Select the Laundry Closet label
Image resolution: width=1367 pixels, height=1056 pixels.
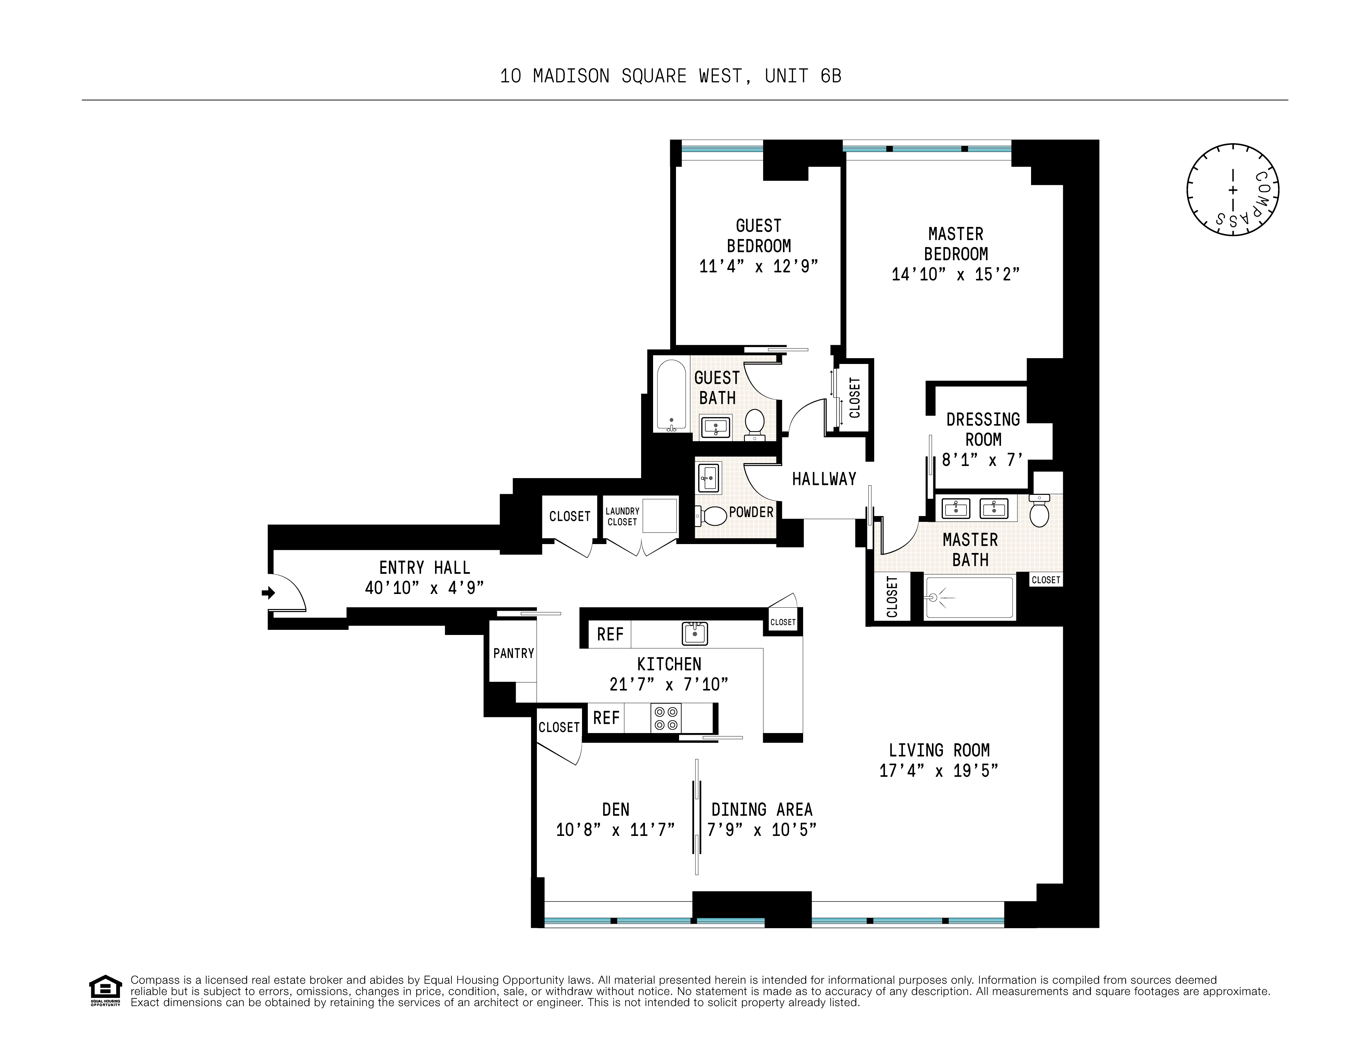pyautogui.click(x=622, y=516)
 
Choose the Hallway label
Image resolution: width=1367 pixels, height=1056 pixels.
pyautogui.click(x=824, y=479)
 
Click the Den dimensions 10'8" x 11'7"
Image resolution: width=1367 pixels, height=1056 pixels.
pyautogui.click(x=615, y=830)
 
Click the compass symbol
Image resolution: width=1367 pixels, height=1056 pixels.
pyautogui.click(x=1232, y=190)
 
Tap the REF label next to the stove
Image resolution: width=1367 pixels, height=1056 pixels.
pyautogui.click(x=606, y=718)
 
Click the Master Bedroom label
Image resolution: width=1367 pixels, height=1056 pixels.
pyautogui.click(x=956, y=244)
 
